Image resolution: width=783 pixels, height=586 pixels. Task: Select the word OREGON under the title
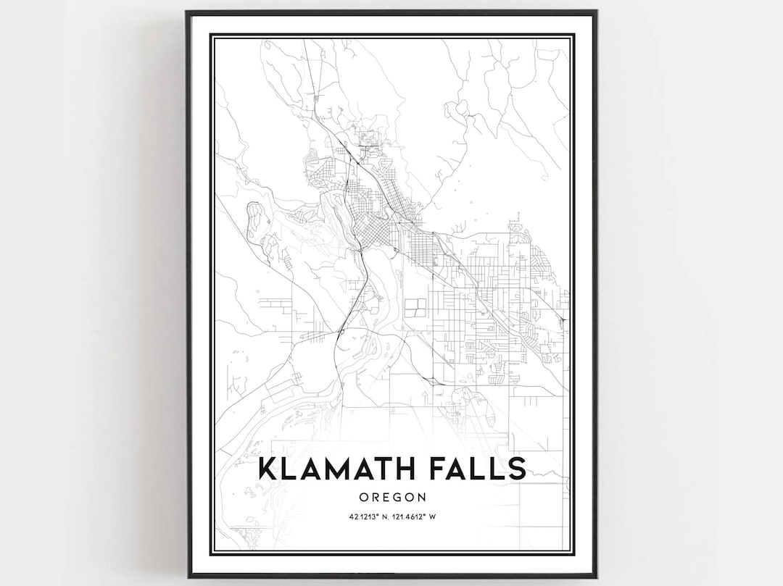(391, 497)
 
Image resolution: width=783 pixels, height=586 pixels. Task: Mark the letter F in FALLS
(434, 469)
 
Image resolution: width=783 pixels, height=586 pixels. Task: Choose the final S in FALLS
(516, 469)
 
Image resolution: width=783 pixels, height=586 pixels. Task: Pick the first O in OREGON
(362, 497)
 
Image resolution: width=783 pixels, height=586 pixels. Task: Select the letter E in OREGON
(385, 497)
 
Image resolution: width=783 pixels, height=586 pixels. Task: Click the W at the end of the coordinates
(432, 516)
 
